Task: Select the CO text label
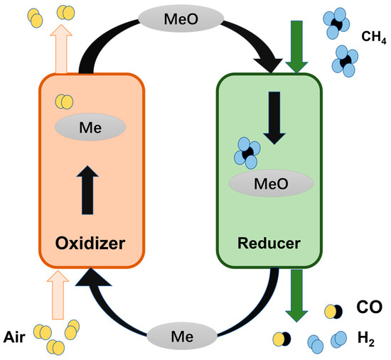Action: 369,307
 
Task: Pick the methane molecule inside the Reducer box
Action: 249,152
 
